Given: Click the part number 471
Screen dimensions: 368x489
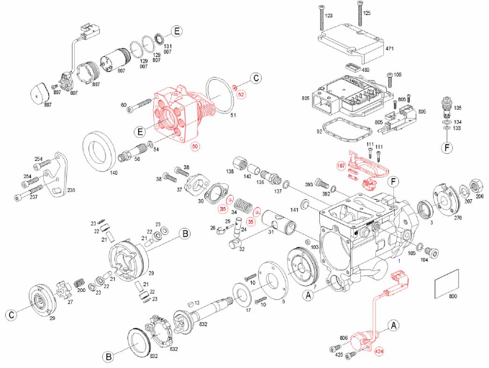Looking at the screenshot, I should [x=390, y=48].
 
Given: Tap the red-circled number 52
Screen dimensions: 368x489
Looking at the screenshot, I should [x=242, y=94].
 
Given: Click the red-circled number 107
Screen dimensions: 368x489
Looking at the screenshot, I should [x=342, y=165].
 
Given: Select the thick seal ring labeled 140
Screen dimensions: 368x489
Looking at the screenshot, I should [x=100, y=149].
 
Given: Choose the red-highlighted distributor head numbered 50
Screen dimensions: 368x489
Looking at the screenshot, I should [x=180, y=115].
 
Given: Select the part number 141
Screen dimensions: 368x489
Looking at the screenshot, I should [x=294, y=210].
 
